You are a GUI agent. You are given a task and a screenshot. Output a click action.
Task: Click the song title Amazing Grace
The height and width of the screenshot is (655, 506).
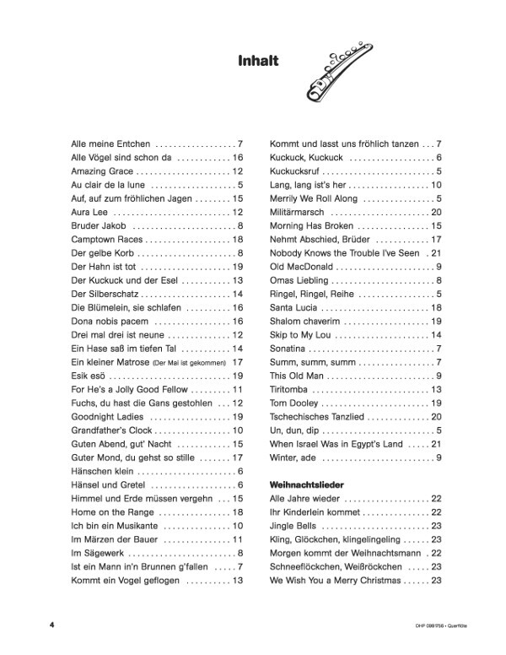coord(99,171)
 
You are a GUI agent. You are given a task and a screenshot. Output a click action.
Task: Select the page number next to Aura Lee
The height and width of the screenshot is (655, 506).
coord(238,212)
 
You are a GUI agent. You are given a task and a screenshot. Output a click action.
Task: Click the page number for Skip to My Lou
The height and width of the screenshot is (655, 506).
coord(437,335)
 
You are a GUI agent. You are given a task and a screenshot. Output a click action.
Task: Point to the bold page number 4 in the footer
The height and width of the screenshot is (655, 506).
coord(52,625)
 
